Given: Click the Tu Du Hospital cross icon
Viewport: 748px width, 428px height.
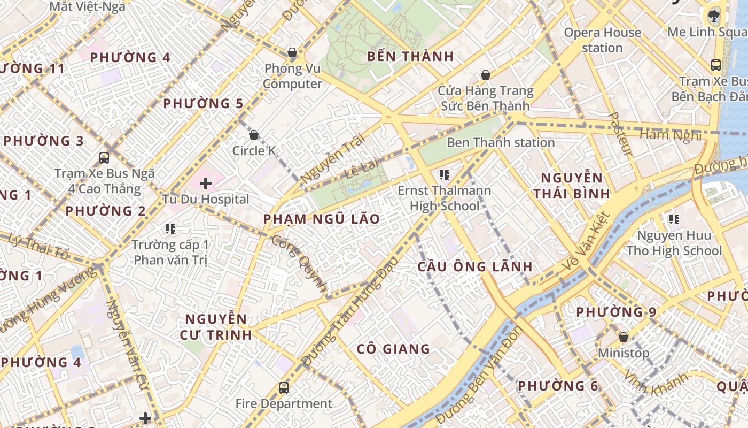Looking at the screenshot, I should tap(206, 184).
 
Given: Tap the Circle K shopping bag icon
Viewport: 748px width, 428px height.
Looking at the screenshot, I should tap(254, 135).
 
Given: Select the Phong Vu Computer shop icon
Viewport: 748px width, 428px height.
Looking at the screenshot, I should tap(292, 52).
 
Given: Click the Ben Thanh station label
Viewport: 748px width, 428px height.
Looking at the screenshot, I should tap(501, 142).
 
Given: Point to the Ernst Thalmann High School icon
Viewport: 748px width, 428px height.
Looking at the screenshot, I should tap(444, 174).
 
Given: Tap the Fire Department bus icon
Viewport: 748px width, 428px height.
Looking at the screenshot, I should tap(284, 388).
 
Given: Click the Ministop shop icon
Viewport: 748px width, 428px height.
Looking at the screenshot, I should tap(623, 337).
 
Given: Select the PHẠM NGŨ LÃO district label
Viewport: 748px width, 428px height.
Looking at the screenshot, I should tap(322, 219).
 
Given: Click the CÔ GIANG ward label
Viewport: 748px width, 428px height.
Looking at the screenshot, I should tap(393, 349).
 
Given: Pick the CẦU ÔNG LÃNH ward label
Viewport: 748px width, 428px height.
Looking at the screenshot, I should tap(475, 266).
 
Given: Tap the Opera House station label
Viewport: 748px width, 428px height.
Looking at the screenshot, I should tap(603, 40).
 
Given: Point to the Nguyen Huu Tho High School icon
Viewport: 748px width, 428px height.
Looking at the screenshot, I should tap(674, 219).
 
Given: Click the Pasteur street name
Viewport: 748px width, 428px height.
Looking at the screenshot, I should tap(620, 134).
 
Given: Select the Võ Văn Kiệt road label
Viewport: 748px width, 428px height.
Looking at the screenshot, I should tap(586, 241).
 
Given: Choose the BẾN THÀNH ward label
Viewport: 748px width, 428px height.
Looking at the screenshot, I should tap(411, 56).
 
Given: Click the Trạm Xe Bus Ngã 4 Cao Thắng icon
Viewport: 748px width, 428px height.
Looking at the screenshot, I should tap(104, 158).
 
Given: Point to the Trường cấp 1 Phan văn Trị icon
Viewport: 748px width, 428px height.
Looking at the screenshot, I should tap(170, 229).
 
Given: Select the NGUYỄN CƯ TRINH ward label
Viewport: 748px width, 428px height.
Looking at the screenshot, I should tap(216, 327).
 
